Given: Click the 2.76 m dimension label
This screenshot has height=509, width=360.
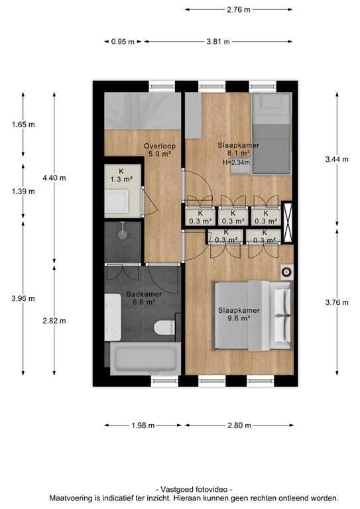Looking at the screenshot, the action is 239,10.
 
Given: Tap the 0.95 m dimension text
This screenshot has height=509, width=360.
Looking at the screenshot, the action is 123,42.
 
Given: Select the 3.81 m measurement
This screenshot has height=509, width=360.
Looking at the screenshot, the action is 218,42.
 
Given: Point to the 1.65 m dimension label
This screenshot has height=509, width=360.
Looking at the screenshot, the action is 23,125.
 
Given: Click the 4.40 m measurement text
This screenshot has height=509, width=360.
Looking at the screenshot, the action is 54,178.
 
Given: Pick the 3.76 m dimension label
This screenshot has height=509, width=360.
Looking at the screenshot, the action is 337,302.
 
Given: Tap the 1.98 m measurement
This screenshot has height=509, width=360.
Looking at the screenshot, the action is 143,425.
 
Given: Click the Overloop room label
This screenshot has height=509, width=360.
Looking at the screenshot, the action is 160,146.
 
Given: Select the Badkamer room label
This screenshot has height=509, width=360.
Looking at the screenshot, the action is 144,294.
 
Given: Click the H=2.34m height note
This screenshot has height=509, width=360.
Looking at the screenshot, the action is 236,162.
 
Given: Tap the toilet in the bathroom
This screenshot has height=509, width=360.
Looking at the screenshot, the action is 164,327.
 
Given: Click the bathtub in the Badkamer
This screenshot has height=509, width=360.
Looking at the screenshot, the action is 145,358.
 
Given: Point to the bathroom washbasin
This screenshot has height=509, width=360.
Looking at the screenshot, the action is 112,317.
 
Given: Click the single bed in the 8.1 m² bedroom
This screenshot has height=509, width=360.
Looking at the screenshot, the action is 271,133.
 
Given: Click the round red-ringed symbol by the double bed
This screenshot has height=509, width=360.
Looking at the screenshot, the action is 287,272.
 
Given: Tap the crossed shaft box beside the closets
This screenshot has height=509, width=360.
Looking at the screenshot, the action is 287,222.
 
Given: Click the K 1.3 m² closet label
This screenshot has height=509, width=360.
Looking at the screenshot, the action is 121,175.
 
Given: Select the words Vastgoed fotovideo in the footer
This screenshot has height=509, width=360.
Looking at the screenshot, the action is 194,490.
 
